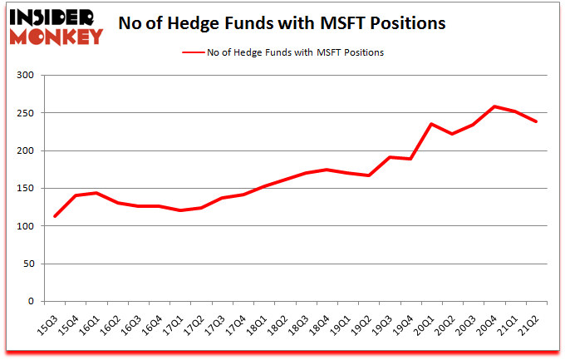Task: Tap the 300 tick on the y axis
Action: [x=28, y=76]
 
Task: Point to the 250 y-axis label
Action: [x=28, y=113]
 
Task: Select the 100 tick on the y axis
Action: [x=28, y=226]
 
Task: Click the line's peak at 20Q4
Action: [x=494, y=106]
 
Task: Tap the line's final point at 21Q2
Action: [x=537, y=121]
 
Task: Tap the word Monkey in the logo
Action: [x=56, y=36]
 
